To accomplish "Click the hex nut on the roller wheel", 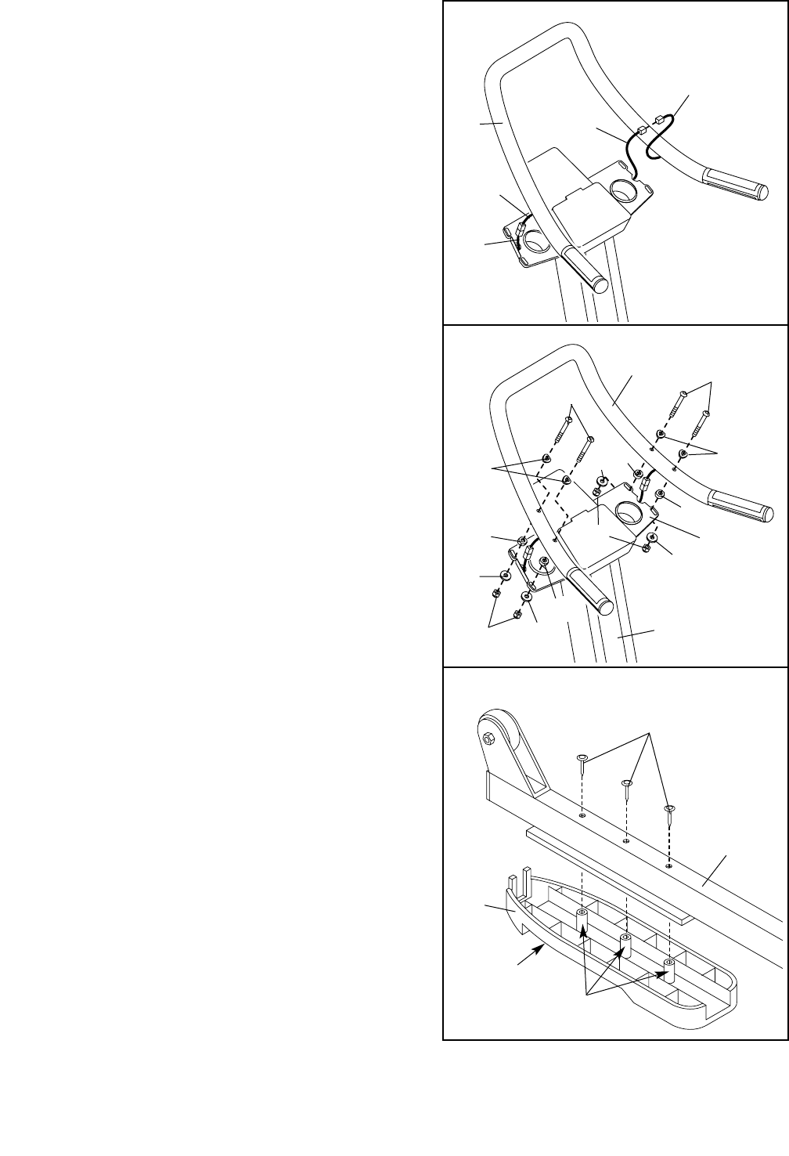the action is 488,738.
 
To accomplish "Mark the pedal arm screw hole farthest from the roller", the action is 668,866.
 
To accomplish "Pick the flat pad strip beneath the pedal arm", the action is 611,875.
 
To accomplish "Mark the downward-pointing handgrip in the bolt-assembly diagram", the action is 591,591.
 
